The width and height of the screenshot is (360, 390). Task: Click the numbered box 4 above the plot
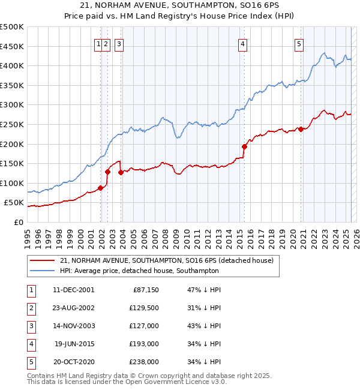pyautogui.click(x=242, y=43)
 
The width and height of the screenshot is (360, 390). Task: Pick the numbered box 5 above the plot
pyautogui.click(x=299, y=43)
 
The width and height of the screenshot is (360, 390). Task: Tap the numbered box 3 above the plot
pyautogui.click(x=119, y=43)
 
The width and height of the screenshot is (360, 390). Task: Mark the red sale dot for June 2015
pyautogui.click(x=245, y=146)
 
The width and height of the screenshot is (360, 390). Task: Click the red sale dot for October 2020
pyautogui.click(x=301, y=128)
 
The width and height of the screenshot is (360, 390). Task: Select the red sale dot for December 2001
pyautogui.click(x=101, y=188)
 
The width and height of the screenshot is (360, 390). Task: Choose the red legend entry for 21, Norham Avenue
pyautogui.click(x=167, y=260)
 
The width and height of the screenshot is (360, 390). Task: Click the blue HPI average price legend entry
pyautogui.click(x=139, y=271)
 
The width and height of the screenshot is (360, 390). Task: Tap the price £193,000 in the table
pyautogui.click(x=145, y=344)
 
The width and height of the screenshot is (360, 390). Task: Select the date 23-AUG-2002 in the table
pyautogui.click(x=74, y=308)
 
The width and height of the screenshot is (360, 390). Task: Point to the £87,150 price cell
pyautogui.click(x=145, y=290)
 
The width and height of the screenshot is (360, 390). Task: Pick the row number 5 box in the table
pyautogui.click(x=31, y=362)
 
